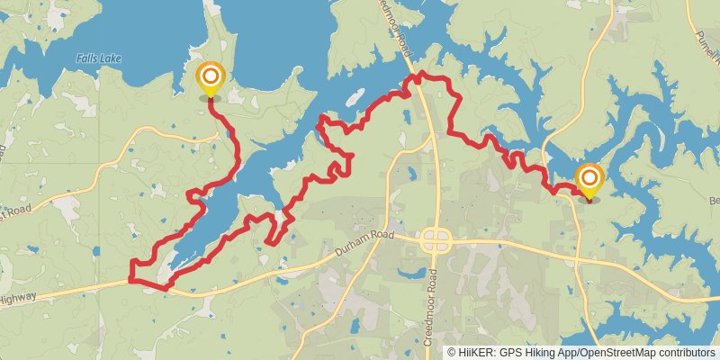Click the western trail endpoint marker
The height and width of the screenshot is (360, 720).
pyautogui.click(x=210, y=77)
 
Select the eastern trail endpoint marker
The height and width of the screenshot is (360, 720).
pyautogui.click(x=589, y=179)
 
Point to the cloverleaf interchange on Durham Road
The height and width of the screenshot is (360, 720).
pyautogui.click(x=436, y=240)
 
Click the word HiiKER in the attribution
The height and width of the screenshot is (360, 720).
pyautogui.click(x=482, y=352)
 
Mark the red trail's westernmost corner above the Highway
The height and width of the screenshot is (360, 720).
pyautogui.click(x=132, y=262)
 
